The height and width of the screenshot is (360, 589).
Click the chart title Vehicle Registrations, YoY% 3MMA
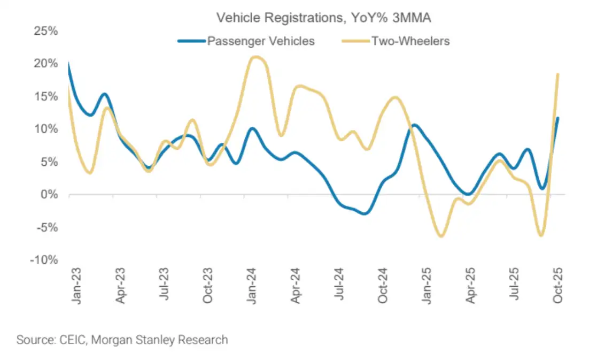click(323, 18)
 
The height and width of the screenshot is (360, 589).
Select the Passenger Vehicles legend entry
click(261, 41)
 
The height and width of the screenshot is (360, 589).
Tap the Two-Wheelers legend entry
click(410, 41)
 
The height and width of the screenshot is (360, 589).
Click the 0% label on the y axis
click(50, 195)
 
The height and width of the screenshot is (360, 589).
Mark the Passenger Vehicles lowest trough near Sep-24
click(364, 213)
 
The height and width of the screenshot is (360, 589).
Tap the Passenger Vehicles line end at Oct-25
click(558, 118)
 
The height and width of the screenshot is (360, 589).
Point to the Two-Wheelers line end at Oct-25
click(558, 74)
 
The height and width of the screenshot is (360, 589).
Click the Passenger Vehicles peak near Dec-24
click(415, 125)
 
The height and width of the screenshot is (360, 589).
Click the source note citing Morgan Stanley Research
click(122, 340)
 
